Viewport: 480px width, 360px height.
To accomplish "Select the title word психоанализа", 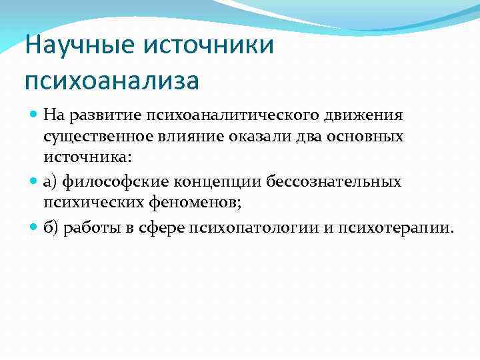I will (111, 81).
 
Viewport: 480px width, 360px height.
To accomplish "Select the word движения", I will (363, 115).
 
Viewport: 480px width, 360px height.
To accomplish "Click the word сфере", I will (163, 227).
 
